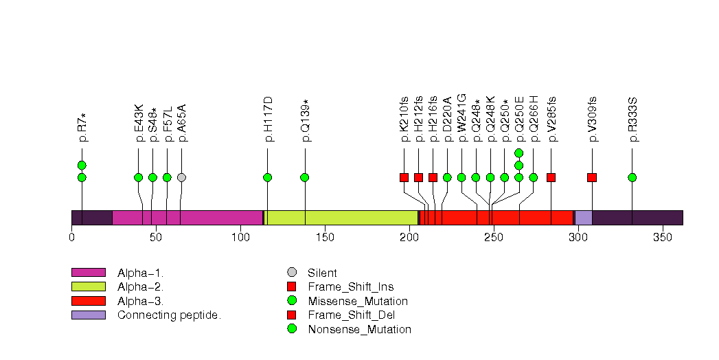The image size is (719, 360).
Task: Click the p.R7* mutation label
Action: coord(82,128)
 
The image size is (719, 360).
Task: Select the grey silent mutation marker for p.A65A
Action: coord(181,177)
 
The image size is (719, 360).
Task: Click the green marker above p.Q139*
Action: coord(304,177)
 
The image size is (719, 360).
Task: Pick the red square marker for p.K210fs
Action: coord(404,177)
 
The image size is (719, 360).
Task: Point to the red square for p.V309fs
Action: coord(592,177)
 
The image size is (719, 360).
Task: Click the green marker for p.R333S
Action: coord(632,177)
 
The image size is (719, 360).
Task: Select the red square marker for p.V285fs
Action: coord(551,177)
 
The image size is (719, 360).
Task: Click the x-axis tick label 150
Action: coord(325,237)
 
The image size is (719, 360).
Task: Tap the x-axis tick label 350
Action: coord(662,237)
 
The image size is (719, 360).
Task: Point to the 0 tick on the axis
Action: coord(71,237)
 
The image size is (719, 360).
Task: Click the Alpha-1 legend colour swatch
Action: coord(88,273)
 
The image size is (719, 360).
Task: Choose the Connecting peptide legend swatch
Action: coord(88,315)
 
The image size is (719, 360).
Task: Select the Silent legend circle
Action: coord(292,273)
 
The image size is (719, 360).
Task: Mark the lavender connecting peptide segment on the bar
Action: coord(583,218)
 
